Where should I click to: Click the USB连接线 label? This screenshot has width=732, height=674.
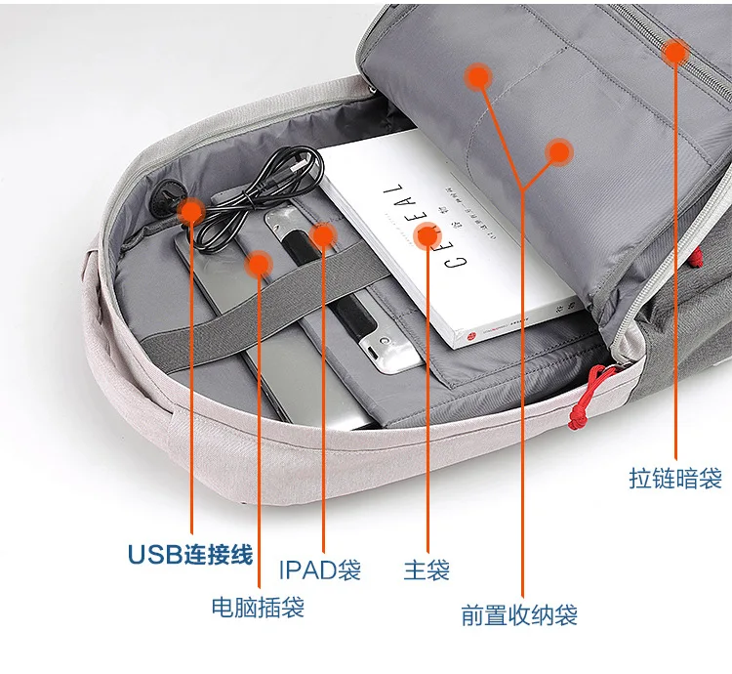coord(190,556)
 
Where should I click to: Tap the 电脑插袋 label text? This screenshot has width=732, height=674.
coord(258,608)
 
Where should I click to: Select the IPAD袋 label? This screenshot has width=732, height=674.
coord(320,569)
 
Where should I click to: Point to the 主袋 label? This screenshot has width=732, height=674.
coord(427,569)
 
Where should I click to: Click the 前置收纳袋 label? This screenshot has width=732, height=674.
coord(519,615)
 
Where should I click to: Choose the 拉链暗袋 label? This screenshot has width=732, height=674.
coord(675,479)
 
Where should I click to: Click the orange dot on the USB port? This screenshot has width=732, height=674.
coord(191,209)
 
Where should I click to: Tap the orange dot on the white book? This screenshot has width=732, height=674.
coord(427,234)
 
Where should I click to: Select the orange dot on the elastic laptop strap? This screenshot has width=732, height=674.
coord(259,263)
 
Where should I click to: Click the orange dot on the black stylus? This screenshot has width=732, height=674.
coord(322,235)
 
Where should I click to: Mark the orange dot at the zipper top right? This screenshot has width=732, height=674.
coord(675,52)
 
